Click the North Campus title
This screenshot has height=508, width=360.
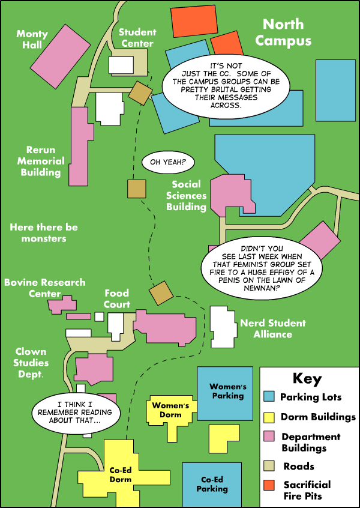pyautogui.click(x=283, y=32)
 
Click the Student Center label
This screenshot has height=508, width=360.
pyautogui.click(x=137, y=37)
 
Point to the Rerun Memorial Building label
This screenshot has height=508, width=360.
pyautogui.click(x=41, y=161)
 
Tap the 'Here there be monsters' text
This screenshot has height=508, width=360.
pyautogui.click(x=44, y=233)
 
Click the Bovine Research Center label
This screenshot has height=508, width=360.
pyautogui.click(x=45, y=288)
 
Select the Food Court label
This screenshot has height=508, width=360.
pyautogui.click(x=117, y=298)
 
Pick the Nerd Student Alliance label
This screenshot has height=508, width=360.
pyautogui.click(x=272, y=328)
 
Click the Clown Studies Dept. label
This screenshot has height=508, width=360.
pyautogui.click(x=32, y=363)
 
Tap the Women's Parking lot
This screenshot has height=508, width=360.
pyautogui.click(x=228, y=392)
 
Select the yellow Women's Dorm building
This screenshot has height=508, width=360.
pyautogui.click(x=171, y=411)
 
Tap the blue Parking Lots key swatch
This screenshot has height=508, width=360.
pyautogui.click(x=269, y=397)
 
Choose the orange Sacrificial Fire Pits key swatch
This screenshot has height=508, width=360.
pyautogui.click(x=269, y=485)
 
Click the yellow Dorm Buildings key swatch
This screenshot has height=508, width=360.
pyautogui.click(x=269, y=417)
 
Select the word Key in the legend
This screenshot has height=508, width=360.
pyautogui.click(x=307, y=379)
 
